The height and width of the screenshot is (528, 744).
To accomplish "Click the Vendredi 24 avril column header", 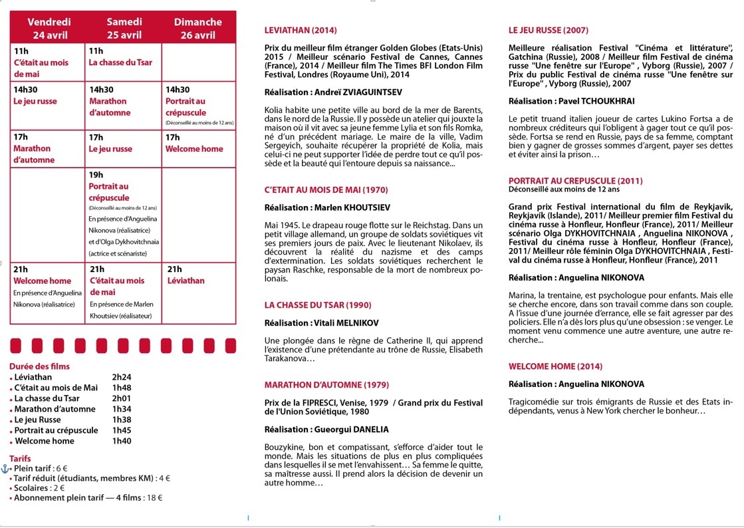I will (49, 28).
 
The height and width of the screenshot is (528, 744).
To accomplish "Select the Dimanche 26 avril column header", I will (197, 28).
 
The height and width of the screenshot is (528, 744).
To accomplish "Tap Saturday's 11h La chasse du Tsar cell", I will (120, 63).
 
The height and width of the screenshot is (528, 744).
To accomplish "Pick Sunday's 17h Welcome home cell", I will (194, 149).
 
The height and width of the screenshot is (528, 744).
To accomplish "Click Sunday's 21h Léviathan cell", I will (186, 281).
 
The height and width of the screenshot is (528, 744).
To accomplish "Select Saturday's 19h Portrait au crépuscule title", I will (108, 192).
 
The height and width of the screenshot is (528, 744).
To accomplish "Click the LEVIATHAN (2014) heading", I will (301, 31).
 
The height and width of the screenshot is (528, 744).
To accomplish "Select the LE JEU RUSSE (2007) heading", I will (548, 31).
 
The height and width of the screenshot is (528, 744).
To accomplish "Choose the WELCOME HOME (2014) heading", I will (555, 366).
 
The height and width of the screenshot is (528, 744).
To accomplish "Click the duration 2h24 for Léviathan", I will (122, 377).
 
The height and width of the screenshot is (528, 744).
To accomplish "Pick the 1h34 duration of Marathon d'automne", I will (122, 409).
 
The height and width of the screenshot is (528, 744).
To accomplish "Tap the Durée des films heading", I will (39, 366).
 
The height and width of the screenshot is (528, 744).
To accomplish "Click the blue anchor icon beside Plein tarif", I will (5, 467).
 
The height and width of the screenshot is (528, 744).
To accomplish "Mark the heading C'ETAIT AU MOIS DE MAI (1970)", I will (326, 190).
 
